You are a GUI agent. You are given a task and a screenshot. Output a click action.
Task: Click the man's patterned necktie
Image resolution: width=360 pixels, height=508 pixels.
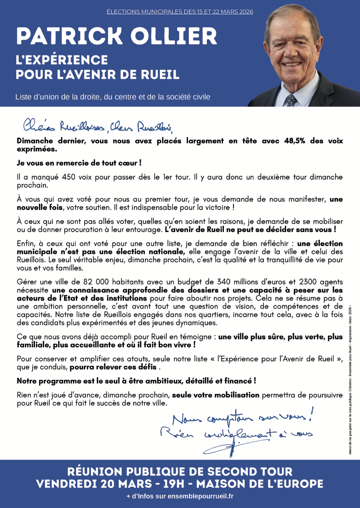[291, 100]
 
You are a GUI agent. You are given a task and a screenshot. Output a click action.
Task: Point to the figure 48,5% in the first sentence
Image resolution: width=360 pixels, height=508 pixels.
[294, 141]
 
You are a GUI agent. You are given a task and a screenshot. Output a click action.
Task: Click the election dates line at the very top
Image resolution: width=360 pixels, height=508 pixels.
[180, 12]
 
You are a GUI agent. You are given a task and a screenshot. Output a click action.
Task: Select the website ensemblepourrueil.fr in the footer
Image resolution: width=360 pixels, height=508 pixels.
[200, 496]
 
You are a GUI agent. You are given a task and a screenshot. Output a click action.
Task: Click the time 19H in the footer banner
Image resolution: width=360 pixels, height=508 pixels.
[174, 484]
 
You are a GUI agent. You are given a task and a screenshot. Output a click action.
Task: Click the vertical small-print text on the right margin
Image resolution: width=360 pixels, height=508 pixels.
[350, 379]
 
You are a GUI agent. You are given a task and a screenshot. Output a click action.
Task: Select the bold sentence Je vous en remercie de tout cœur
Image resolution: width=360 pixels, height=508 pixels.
[79, 163]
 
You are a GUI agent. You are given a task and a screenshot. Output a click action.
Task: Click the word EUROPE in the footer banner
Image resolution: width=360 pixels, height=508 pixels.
[297, 484]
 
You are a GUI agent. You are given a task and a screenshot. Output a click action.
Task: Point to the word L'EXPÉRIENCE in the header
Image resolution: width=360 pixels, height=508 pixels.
[62, 60]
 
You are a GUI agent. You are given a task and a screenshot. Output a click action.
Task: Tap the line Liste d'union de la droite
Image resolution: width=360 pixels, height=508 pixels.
[113, 97]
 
